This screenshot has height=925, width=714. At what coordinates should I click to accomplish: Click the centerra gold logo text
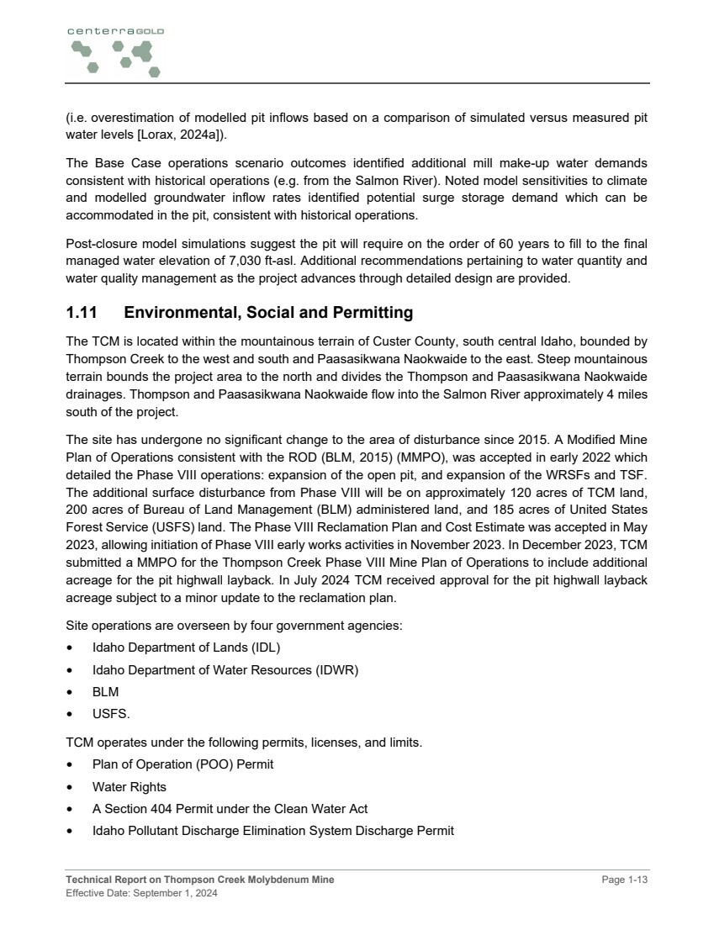point(115,31)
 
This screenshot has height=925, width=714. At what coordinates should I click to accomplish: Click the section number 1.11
point(82,313)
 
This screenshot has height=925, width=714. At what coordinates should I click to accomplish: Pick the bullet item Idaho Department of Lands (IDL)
point(186,647)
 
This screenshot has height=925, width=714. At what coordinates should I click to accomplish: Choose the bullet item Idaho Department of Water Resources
point(225,670)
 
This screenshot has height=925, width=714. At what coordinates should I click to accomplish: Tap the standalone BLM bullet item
point(105,692)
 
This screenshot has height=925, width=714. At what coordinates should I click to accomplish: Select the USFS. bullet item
point(111,715)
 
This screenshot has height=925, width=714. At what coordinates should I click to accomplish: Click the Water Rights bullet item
point(129,787)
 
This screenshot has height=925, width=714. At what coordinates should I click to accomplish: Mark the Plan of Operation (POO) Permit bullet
point(182,764)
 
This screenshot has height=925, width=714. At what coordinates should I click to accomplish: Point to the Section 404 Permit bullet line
point(230,809)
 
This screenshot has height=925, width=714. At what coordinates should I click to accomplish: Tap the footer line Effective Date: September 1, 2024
point(141,893)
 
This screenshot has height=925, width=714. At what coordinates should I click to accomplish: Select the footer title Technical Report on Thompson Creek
point(199,880)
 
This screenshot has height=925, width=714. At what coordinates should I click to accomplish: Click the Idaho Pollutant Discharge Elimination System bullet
point(272,831)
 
